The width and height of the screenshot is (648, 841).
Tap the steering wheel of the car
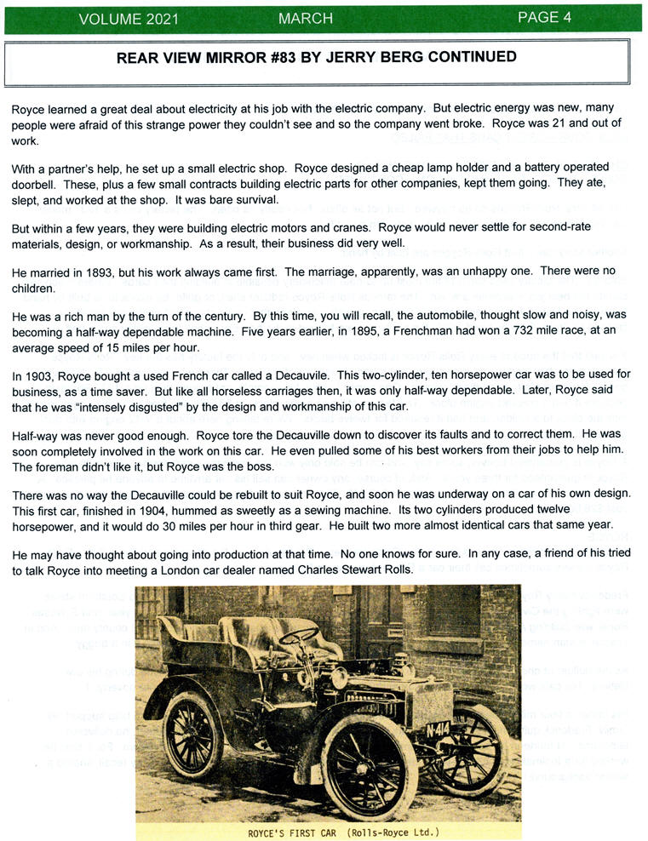300,638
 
